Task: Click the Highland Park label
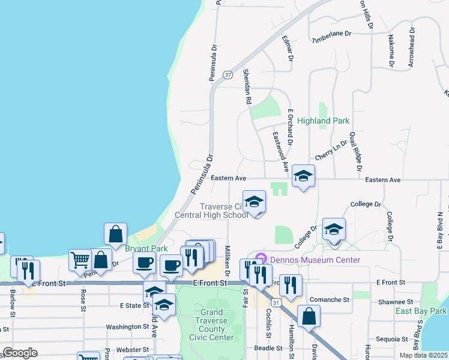tap(323, 121)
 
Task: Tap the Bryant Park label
tap(146, 248)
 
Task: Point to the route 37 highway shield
tap(228, 75)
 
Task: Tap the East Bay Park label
tap(421, 311)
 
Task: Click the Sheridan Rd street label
tap(246, 86)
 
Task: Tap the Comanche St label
tap(329, 299)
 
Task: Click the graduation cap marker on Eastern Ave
tap(303, 176)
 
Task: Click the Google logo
tap(20, 353)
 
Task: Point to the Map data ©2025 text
tap(423, 355)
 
